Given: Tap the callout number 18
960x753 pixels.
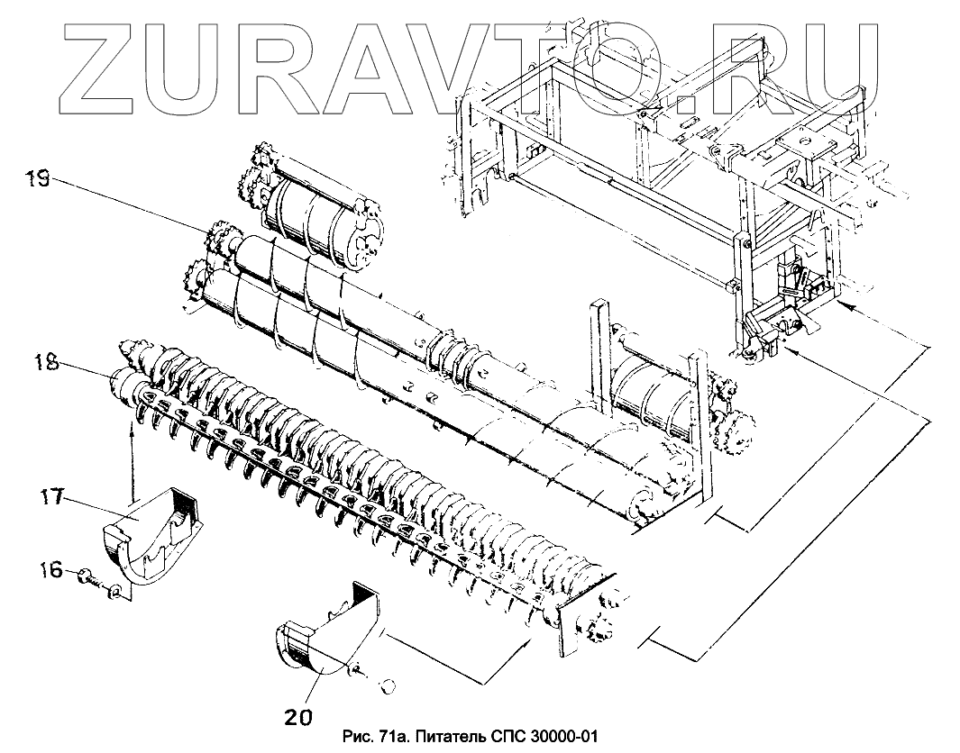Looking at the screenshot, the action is pos(47,364).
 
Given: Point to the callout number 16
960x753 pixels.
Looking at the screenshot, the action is pos(51,570).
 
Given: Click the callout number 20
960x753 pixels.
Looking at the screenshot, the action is pos(300,718).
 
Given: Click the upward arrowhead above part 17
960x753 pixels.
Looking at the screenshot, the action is pos(133,432).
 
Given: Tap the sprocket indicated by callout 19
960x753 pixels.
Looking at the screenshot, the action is pos(216,241).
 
